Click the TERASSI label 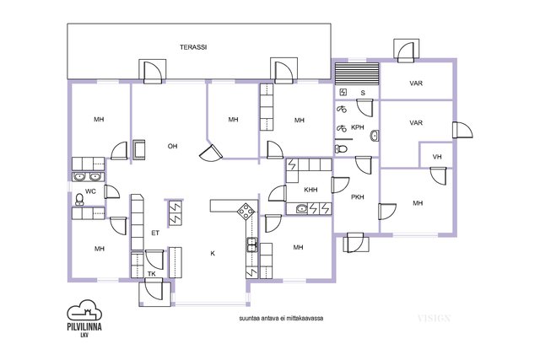(x=193, y=47)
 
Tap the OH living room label (x=172, y=146)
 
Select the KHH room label (x=310, y=190)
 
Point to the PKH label (x=358, y=197)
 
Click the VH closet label (x=437, y=157)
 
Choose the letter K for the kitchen (x=213, y=254)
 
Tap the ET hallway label (x=155, y=233)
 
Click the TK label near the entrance (x=152, y=274)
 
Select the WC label (x=90, y=191)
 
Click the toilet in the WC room (x=79, y=200)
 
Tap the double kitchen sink (x=251, y=244)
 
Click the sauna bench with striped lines (x=357, y=73)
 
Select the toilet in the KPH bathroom (x=341, y=149)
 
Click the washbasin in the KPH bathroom (x=375, y=136)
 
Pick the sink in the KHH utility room (x=302, y=208)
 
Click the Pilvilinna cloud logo (x=84, y=310)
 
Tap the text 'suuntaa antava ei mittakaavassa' (x=281, y=319)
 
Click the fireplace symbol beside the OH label (x=139, y=150)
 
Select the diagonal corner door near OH (x=211, y=153)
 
